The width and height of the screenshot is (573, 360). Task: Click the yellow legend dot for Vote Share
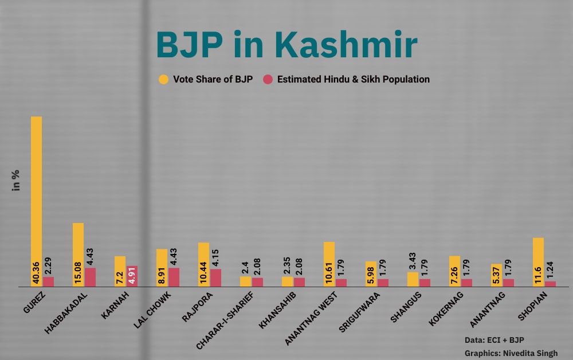pyautogui.click(x=164, y=80)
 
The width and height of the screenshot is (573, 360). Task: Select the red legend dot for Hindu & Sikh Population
pyautogui.click(x=268, y=80)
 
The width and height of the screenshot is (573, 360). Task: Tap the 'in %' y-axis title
pyautogui.click(x=16, y=180)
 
